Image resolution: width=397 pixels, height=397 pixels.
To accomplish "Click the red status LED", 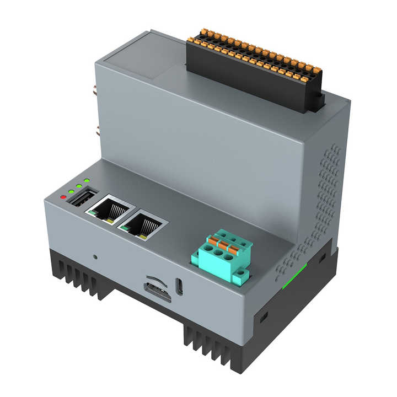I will tap(63, 196).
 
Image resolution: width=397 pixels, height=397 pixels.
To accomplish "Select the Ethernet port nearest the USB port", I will tap(111, 208).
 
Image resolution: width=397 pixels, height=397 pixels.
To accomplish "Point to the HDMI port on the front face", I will tap(157, 291).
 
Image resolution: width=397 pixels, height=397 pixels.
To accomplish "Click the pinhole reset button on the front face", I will tap(95, 256).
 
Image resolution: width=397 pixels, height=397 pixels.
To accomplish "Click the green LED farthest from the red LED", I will tap(87, 181).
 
